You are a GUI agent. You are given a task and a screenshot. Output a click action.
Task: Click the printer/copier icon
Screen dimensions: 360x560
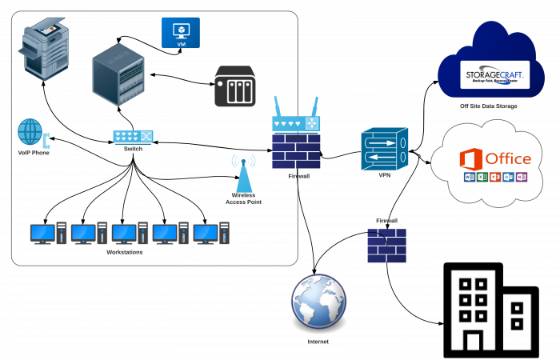[x=46, y=50]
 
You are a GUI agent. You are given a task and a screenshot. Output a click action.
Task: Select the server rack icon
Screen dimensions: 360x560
[x=118, y=74]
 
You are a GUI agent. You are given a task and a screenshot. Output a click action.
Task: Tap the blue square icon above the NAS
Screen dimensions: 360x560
[x=180, y=33]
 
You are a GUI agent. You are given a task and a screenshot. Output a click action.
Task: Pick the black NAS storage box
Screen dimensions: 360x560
[x=235, y=86]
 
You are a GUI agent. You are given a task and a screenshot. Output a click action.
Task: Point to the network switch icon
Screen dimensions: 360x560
[x=133, y=137]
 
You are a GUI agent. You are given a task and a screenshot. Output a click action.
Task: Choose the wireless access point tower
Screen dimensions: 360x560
[x=243, y=174]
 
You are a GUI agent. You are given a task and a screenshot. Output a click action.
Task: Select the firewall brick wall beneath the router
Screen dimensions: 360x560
[x=296, y=152]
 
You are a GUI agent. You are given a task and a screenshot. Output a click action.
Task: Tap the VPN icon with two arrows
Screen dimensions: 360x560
[x=384, y=148]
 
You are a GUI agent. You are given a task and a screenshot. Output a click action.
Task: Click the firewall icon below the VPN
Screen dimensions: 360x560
[x=386, y=246]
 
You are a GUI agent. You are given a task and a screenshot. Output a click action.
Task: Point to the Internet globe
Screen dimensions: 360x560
[x=318, y=302]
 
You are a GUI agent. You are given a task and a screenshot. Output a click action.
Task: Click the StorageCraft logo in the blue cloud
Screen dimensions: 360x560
[x=496, y=75]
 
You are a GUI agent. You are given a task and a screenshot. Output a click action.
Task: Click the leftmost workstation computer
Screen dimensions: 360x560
[x=47, y=233]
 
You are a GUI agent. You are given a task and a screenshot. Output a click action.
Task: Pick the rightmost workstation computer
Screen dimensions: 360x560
[x=210, y=233]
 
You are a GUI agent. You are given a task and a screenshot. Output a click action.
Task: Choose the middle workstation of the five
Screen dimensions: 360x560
[x=129, y=233]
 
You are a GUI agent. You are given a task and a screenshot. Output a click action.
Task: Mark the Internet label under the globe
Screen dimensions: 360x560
[x=318, y=342]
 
